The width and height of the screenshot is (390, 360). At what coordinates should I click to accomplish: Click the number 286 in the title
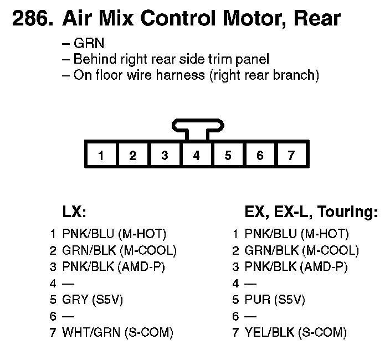[32, 19]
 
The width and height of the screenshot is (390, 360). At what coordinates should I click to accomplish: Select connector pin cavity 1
[101, 155]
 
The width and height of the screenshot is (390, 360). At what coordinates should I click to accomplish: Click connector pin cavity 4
[196, 155]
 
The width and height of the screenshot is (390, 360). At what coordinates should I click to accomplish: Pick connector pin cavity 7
[291, 155]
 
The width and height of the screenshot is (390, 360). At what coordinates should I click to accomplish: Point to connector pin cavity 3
[165, 155]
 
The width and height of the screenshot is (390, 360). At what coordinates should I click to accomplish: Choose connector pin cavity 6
[260, 155]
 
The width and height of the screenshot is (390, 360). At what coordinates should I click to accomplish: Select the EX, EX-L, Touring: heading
[311, 212]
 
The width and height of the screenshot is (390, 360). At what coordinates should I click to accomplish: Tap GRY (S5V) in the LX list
[92, 300]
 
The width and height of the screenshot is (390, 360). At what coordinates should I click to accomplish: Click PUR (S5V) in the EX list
[275, 300]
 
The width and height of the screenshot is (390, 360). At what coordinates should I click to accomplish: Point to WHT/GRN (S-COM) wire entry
[118, 333]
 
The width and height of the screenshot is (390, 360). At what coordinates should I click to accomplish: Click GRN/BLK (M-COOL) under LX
[119, 250]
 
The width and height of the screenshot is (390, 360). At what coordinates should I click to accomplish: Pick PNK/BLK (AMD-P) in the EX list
[296, 267]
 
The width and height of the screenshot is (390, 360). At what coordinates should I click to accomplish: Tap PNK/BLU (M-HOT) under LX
[114, 234]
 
